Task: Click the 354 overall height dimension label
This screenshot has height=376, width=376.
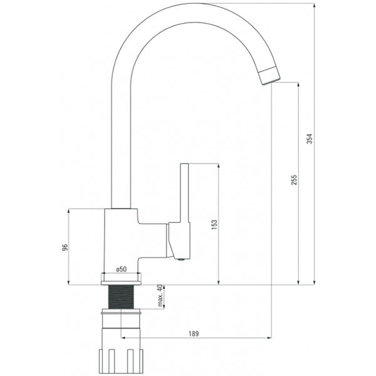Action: (x=310, y=138)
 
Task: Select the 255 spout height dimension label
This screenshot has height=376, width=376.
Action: (x=294, y=180)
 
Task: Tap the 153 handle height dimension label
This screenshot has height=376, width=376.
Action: (x=214, y=225)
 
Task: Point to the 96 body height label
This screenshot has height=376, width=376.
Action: (x=65, y=248)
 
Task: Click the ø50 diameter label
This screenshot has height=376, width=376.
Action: (x=122, y=269)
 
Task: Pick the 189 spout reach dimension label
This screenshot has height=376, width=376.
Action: (x=194, y=333)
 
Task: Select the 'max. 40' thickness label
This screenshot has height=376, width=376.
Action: (x=160, y=296)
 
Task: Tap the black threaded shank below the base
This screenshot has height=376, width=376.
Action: (x=121, y=297)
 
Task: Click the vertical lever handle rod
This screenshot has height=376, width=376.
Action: (x=184, y=193)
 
